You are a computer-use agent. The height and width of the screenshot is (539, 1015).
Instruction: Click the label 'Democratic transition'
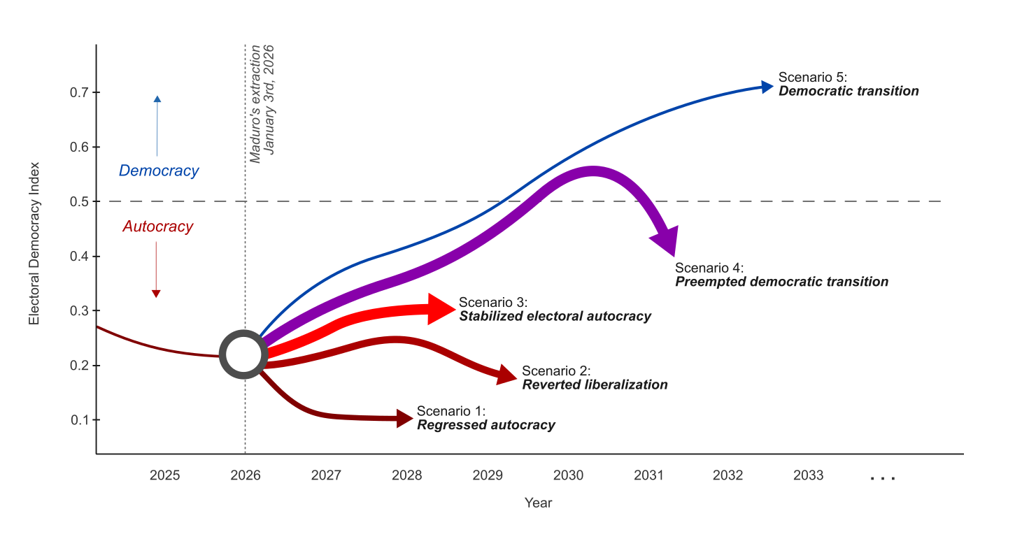click(x=849, y=92)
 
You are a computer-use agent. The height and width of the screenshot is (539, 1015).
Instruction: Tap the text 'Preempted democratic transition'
click(x=781, y=282)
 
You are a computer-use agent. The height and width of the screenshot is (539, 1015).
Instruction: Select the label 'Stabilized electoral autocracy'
click(x=555, y=317)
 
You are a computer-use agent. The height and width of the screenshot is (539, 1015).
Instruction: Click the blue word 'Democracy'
click(x=159, y=171)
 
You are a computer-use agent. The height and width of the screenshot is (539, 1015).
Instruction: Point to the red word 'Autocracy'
click(x=157, y=227)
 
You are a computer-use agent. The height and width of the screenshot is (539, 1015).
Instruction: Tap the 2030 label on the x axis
click(x=568, y=475)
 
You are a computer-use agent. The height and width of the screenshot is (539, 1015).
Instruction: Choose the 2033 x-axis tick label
click(x=808, y=475)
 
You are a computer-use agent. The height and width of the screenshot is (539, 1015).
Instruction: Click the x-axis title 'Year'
click(x=539, y=503)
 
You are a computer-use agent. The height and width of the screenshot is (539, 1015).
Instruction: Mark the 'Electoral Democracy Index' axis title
click(x=34, y=245)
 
